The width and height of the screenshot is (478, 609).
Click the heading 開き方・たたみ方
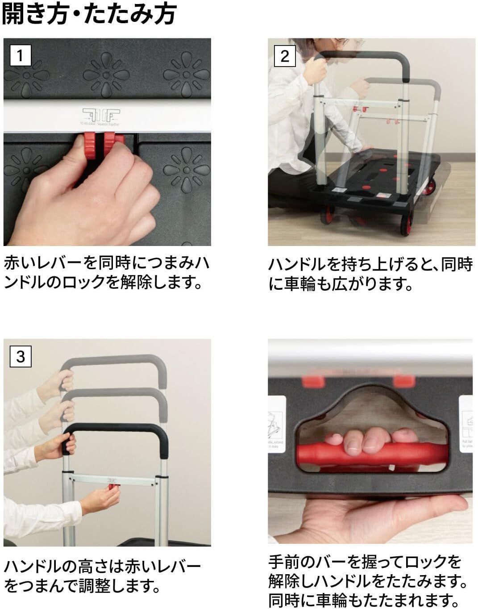pyautogui.click(x=89, y=14)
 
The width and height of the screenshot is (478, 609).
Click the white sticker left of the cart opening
pyautogui.click(x=277, y=424)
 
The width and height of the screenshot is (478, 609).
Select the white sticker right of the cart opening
pyautogui.click(x=465, y=424)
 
